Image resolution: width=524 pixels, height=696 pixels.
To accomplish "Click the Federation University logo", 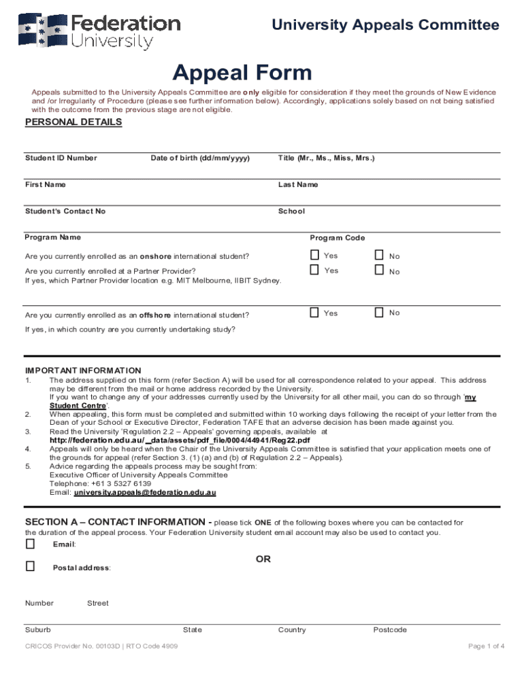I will click(99, 31).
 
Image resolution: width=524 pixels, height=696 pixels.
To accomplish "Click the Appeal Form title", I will click(242, 72).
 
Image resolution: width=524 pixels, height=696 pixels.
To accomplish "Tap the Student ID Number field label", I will click(61, 158).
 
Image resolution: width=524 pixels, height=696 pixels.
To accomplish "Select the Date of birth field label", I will click(200, 158).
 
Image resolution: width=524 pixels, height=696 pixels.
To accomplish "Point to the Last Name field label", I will click(297, 185).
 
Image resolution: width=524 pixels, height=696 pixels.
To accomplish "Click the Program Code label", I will click(338, 238).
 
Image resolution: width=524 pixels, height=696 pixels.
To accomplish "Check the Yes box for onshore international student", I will click(314, 255).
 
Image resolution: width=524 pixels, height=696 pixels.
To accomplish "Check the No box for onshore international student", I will click(379, 255).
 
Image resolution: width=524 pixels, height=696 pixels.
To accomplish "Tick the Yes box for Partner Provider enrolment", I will click(314, 270).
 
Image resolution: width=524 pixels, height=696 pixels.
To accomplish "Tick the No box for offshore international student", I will click(379, 313).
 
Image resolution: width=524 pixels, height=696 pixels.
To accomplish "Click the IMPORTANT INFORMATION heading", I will click(83, 370).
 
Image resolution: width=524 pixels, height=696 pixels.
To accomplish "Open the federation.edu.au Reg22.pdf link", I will click(180, 440).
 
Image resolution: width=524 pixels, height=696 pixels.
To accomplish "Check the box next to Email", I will click(30, 544).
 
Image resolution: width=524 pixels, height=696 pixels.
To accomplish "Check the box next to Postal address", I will click(30, 565).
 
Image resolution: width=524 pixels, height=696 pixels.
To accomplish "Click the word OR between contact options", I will click(263, 559).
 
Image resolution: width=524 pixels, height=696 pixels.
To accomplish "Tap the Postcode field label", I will click(390, 630).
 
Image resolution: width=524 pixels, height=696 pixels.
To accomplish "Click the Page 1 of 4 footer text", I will click(486, 646).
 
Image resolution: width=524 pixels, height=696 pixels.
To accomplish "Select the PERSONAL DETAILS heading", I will click(73, 122).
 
